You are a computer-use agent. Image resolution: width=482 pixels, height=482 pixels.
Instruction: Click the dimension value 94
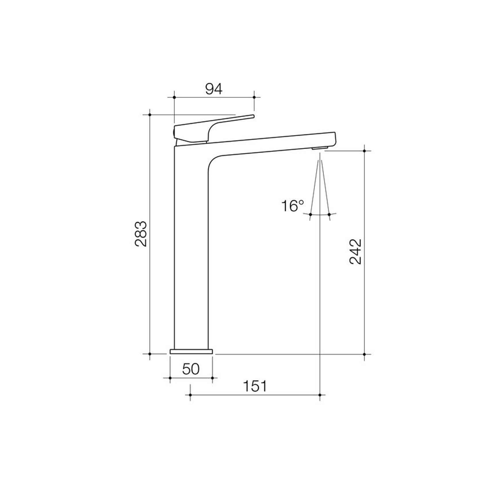coord(214,89)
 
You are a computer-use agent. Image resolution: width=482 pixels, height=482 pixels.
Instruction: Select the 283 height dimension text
coord(141,234)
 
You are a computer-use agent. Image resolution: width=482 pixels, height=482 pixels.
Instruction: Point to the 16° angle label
coord(292,206)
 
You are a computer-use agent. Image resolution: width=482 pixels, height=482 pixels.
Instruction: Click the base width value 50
coord(191,369)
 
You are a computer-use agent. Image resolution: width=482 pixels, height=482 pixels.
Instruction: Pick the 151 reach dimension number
coord(255,386)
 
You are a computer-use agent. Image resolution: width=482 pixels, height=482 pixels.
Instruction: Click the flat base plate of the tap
coord(191,351)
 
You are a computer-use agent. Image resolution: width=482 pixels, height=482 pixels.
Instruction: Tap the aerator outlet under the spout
coord(320,148)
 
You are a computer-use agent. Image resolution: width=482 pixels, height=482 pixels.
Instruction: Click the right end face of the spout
coord(335,139)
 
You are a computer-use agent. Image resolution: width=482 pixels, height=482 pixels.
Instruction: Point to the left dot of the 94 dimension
coord(174,97)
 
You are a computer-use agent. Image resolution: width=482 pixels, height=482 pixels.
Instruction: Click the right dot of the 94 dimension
coord(254,97)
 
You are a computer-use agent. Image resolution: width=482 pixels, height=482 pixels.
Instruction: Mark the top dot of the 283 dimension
coord(150,115)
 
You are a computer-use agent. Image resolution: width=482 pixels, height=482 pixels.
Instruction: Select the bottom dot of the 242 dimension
coord(364,354)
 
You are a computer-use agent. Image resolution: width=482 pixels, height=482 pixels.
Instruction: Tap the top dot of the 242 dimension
coord(364,151)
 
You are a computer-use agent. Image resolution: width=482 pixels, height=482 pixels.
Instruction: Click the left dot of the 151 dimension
coord(190,395)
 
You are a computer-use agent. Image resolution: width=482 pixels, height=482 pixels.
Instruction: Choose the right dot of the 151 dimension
coord(320,395)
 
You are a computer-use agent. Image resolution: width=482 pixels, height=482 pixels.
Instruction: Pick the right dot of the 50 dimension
coord(213,378)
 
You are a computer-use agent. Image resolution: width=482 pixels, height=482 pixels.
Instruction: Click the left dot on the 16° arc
coord(311,214)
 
